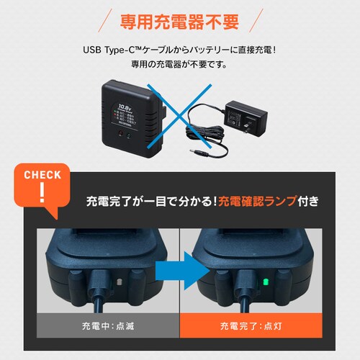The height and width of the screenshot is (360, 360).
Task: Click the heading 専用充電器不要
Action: tap(180, 20)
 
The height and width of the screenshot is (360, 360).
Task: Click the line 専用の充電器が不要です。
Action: tap(180, 64)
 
